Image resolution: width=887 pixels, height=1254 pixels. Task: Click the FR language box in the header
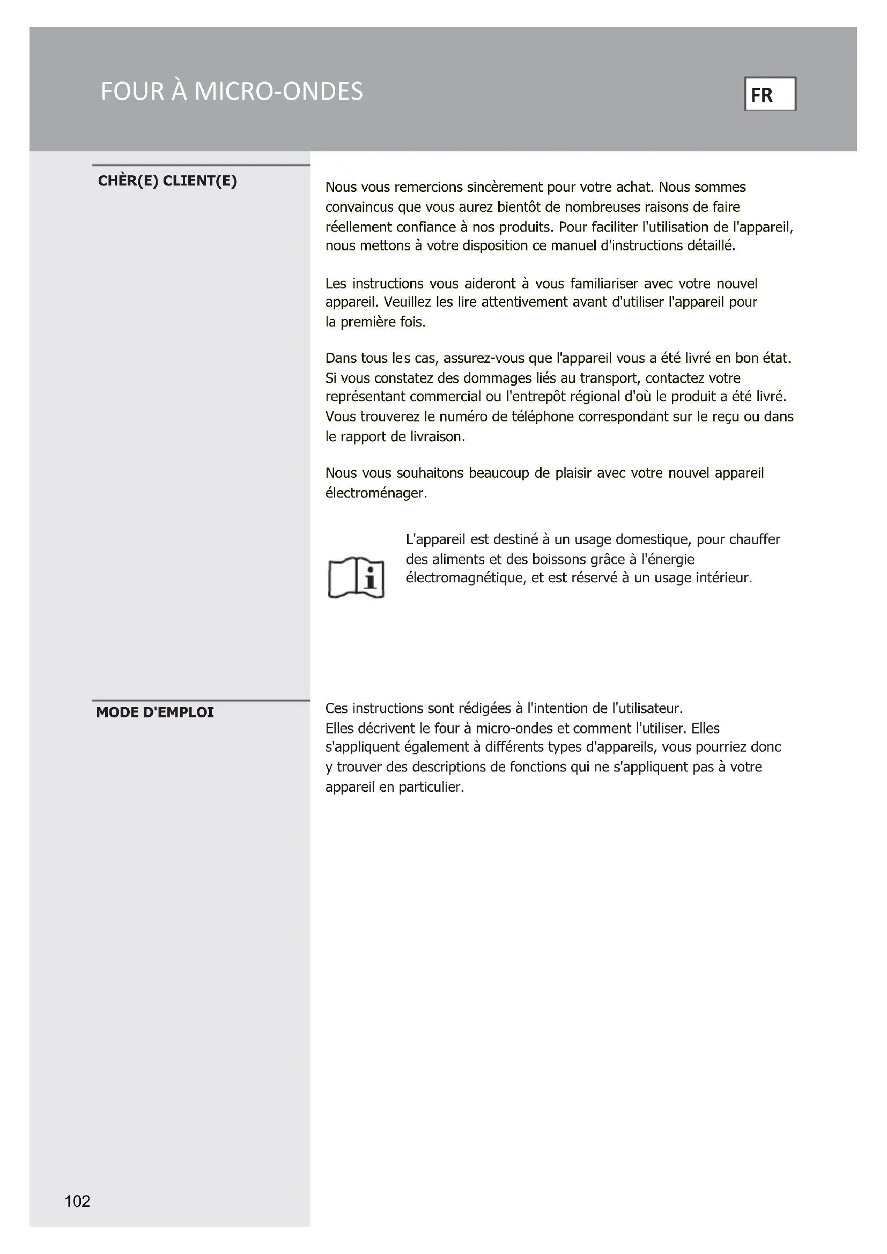[770, 94]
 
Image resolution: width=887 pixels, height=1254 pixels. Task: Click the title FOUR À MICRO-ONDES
[232, 91]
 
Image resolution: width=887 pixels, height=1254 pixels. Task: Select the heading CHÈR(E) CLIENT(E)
[167, 181]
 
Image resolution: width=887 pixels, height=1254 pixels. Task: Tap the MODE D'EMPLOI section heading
[155, 712]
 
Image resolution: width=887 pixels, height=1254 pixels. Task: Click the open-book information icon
[356, 577]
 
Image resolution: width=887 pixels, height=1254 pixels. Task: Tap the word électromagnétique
[465, 578]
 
